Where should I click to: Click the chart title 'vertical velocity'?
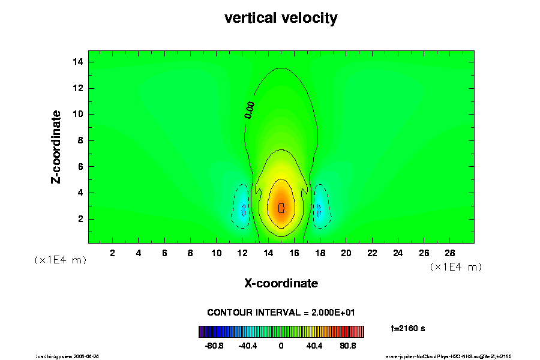[x=281, y=18]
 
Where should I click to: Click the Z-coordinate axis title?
[x=56, y=146]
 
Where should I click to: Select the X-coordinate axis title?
[x=281, y=283]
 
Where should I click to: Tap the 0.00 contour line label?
[x=250, y=110]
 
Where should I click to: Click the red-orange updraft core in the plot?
[x=281, y=208]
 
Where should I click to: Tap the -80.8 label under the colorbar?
[x=214, y=346]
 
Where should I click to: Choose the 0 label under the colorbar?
[x=281, y=346]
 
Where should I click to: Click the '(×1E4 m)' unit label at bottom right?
[x=455, y=266]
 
